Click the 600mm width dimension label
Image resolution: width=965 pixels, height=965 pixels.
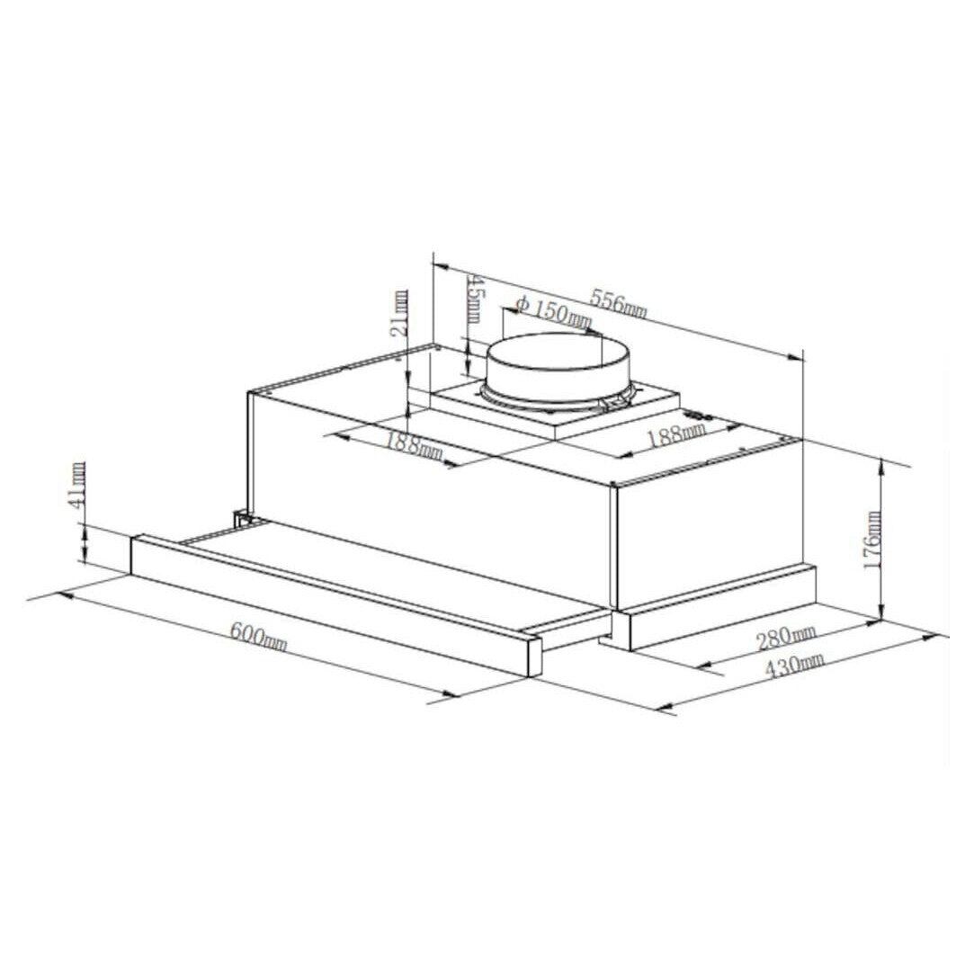pyautogui.click(x=258, y=637)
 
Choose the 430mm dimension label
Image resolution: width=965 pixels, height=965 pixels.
pyautogui.click(x=794, y=666)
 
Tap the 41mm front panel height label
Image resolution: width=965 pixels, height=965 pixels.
pyautogui.click(x=77, y=485)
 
